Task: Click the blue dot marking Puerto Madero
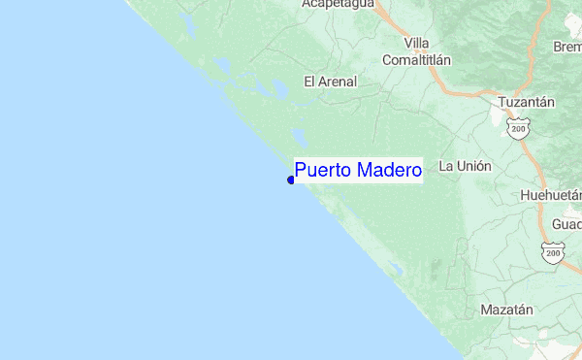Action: click(291, 180)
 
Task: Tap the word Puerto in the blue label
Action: click(324, 171)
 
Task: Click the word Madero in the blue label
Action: click(390, 171)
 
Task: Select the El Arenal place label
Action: click(330, 82)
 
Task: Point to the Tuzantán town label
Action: click(526, 102)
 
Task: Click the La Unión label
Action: click(465, 166)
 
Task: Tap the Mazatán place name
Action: click(506, 311)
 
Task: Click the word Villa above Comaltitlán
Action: click(417, 43)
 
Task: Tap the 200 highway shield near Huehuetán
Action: click(553, 253)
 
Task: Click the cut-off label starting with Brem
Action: click(566, 47)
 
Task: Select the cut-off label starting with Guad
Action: click(566, 224)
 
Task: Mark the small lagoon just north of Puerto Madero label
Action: click(300, 137)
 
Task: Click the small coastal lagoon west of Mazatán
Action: click(395, 268)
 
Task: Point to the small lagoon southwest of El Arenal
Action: click(277, 92)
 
